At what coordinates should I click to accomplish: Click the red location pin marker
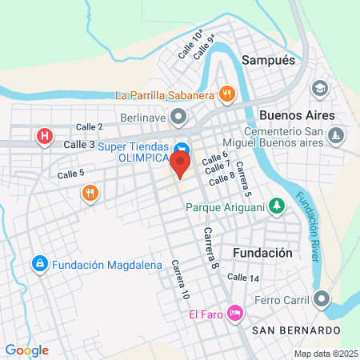click(181, 164)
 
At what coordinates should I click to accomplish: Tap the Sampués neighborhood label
click(268, 60)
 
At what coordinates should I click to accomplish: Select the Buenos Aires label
click(298, 114)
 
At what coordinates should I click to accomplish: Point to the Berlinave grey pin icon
click(178, 118)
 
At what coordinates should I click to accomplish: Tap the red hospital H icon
click(45, 137)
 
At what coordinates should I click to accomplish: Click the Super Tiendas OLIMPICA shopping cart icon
click(182, 149)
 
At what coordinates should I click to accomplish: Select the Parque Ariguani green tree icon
click(277, 206)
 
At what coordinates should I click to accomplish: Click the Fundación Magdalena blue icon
click(38, 263)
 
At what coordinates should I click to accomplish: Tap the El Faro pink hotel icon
click(234, 312)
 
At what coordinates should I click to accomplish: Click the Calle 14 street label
click(242, 278)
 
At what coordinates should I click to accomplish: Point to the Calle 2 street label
click(90, 126)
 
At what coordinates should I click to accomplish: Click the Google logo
click(26, 350)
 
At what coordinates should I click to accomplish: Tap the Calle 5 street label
click(71, 173)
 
